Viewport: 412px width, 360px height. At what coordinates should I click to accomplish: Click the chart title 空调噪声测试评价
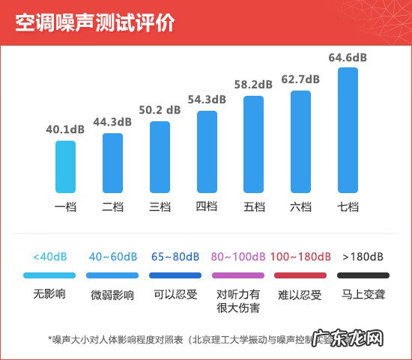94,23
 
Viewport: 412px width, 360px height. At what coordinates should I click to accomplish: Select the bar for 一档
65,166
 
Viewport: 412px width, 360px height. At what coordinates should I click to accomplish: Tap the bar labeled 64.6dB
348,130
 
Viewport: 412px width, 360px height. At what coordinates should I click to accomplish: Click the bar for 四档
207,152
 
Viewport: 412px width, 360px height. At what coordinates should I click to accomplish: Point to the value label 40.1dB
65,129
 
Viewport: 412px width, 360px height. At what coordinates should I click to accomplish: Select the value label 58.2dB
253,85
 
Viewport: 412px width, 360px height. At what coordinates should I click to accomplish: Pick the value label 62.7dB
300,79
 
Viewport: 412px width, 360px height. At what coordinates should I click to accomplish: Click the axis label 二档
112,207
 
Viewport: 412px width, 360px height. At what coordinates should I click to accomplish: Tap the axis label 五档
253,207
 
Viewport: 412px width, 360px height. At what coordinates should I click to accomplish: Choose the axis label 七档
348,207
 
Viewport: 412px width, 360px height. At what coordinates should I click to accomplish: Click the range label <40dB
49,257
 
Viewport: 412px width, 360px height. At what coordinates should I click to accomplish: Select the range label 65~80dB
175,257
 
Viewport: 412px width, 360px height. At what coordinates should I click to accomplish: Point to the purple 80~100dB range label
238,257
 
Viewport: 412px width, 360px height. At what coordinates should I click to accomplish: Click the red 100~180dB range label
300,257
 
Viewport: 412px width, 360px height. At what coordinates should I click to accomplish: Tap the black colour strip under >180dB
363,276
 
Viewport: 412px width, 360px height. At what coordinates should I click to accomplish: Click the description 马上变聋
363,294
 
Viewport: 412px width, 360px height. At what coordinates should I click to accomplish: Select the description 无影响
49,294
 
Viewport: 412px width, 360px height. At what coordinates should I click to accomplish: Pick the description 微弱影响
112,295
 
